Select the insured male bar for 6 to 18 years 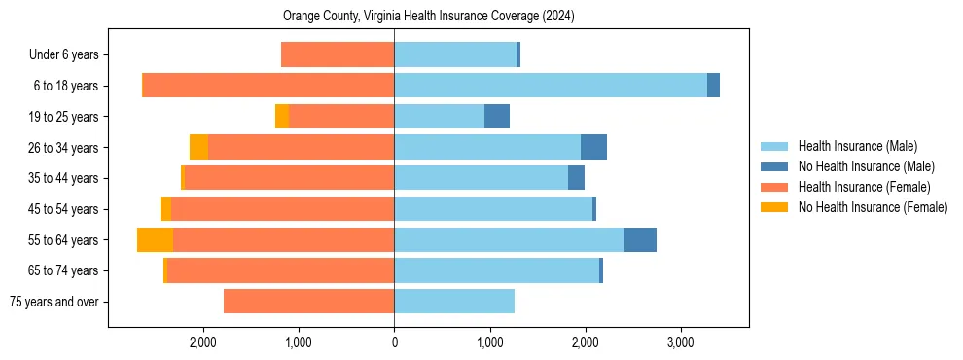(x=550, y=86)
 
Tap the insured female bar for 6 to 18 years (x=267, y=86)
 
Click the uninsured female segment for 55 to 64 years (x=155, y=240)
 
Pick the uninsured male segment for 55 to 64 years (x=639, y=240)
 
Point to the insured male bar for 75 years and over (x=453, y=302)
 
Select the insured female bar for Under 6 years (x=338, y=54)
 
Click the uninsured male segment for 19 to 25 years (x=496, y=117)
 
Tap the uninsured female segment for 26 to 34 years (x=198, y=148)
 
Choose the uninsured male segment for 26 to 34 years (x=593, y=148)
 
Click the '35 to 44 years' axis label (x=63, y=178)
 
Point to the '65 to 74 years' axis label (x=63, y=270)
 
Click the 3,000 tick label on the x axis (x=680, y=342)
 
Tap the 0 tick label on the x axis (x=394, y=342)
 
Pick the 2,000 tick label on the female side (x=203, y=342)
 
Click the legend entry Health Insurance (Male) (x=857, y=146)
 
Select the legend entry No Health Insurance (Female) (x=873, y=207)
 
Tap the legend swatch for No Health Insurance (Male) (x=774, y=166)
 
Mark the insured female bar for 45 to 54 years (x=282, y=209)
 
